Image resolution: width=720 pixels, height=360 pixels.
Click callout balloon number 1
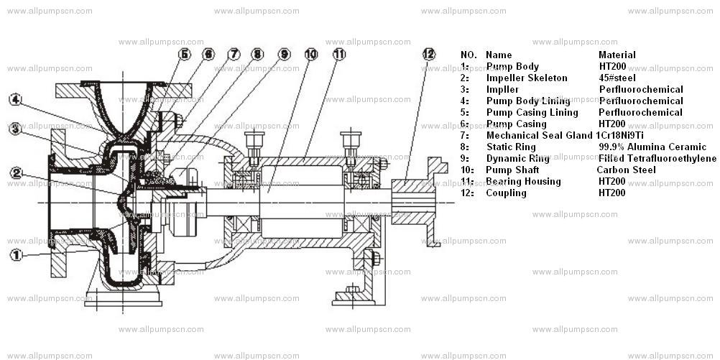pyautogui.click(x=16, y=254)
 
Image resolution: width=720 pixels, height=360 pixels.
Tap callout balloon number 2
pyautogui.click(x=16, y=172)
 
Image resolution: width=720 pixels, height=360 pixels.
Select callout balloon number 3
pyautogui.click(x=16, y=129)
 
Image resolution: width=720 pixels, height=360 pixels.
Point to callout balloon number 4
pyautogui.click(x=16, y=99)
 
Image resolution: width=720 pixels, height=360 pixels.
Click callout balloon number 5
pyautogui.click(x=185, y=54)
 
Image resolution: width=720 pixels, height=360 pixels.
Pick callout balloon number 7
pyautogui.click(x=234, y=54)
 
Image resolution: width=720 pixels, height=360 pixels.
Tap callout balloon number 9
pyautogui.click(x=284, y=54)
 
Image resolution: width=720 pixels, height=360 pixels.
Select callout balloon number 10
pyautogui.click(x=310, y=54)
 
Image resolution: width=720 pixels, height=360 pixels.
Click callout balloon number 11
pyautogui.click(x=339, y=54)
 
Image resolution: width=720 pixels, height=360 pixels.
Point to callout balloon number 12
pyautogui.click(x=428, y=54)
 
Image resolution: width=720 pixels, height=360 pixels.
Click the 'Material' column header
pyautogui.click(x=617, y=55)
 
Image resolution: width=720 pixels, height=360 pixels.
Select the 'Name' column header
pyautogui.click(x=499, y=55)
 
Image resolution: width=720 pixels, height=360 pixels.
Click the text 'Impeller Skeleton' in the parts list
pyautogui.click(x=527, y=78)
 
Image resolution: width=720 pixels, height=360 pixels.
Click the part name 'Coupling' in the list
pyautogui.click(x=506, y=193)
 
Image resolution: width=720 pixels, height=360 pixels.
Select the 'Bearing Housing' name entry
pyautogui.click(x=523, y=181)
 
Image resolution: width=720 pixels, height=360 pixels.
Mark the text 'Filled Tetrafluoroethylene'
pyautogui.click(x=657, y=158)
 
